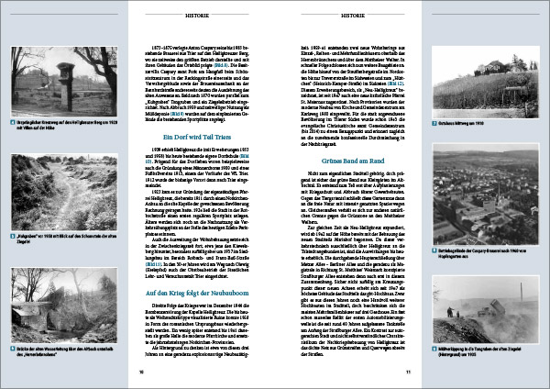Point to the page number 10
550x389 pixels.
coord(141,372)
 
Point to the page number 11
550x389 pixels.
coord(407,372)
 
